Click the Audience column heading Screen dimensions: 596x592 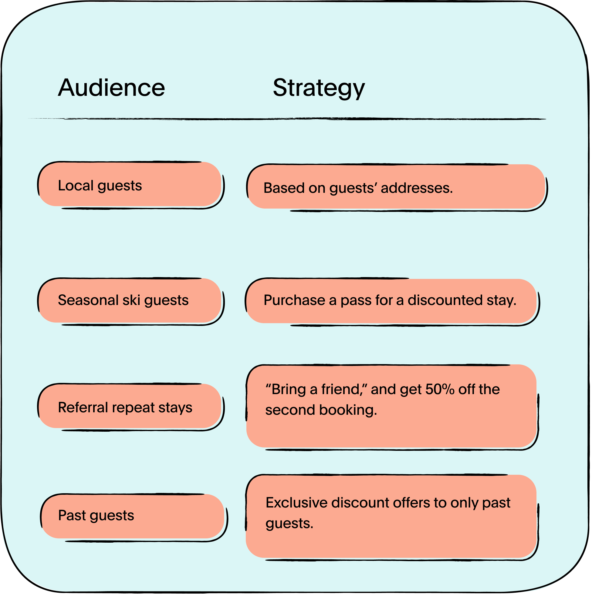(111, 88)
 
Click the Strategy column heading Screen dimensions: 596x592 (319, 88)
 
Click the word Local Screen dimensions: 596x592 (76, 186)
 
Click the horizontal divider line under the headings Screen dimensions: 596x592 (287, 119)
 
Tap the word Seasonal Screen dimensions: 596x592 (88, 300)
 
